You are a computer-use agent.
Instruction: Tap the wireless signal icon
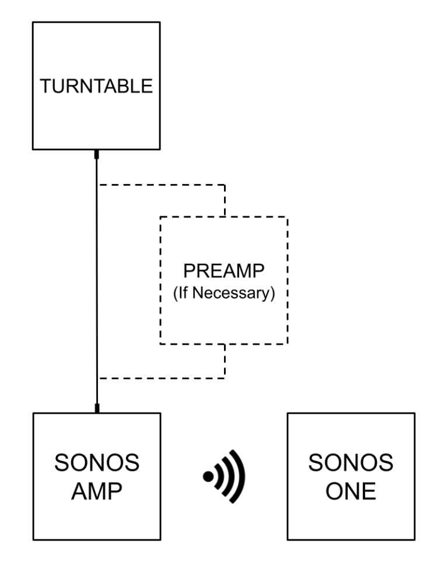(x=224, y=476)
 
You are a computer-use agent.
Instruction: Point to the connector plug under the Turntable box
(x=97, y=154)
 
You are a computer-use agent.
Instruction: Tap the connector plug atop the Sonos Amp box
(x=97, y=408)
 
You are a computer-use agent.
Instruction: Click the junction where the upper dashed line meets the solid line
(x=97, y=185)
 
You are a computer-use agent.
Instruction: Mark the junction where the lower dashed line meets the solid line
(x=97, y=378)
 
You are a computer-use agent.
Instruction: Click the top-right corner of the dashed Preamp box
(x=288, y=217)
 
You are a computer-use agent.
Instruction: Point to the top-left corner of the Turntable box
(x=33, y=22)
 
